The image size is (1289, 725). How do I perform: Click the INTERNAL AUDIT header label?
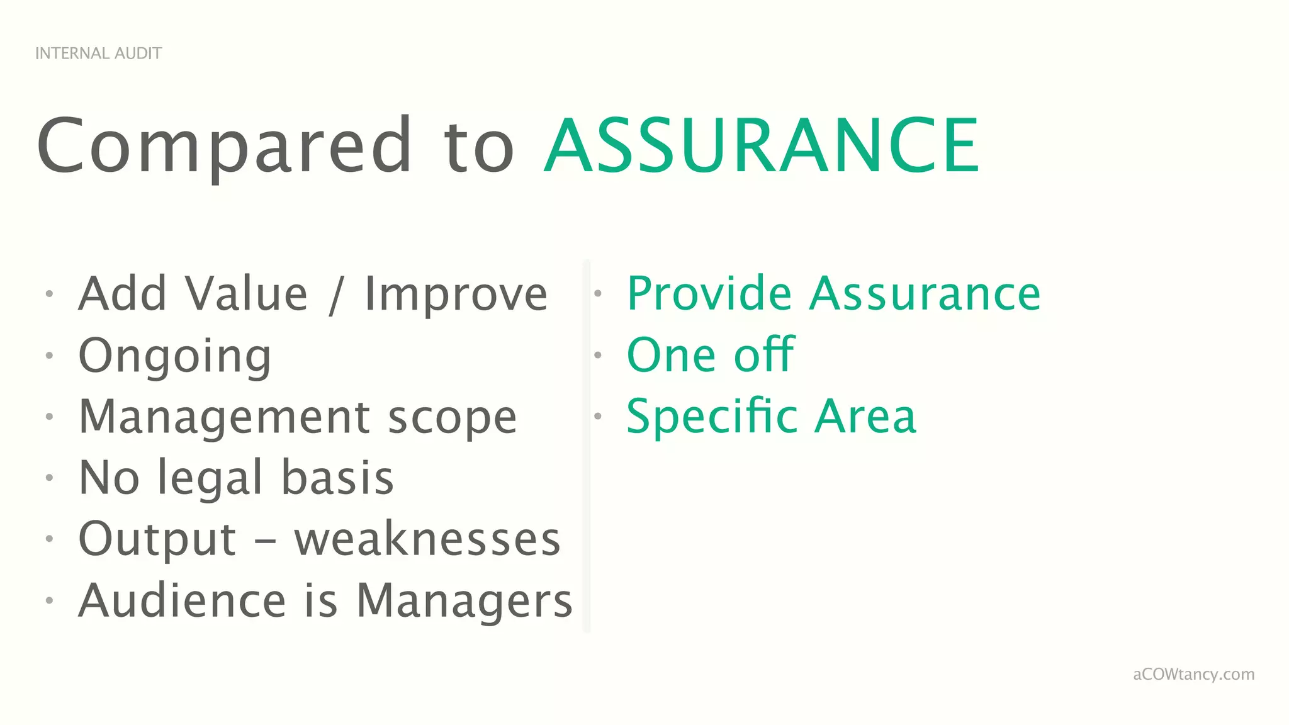point(98,53)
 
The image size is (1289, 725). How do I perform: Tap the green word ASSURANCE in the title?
point(762,146)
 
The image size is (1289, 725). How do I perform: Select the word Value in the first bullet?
point(246,294)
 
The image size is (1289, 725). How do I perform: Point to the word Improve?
point(456,294)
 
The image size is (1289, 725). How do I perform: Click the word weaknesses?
point(427,539)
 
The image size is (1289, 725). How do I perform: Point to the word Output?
point(157,539)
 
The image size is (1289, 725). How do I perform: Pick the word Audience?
point(183,600)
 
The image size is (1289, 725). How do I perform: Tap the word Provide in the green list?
point(709,294)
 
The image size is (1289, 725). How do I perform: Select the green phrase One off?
point(711,355)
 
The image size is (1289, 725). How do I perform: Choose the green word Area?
point(865,417)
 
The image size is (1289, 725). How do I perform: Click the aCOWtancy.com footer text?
point(1193,674)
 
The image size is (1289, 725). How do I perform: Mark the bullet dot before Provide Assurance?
point(598,293)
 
